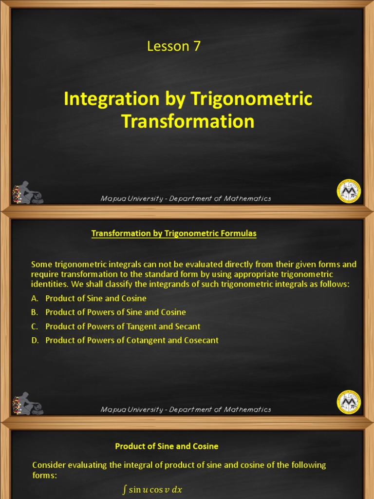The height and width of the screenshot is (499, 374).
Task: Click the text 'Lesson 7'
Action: pyautogui.click(x=173, y=46)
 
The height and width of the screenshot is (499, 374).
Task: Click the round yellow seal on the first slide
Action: pyautogui.click(x=349, y=191)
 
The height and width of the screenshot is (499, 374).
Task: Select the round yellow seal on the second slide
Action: pyautogui.click(x=349, y=402)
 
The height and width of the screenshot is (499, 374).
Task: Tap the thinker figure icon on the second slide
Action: pyautogui.click(x=28, y=403)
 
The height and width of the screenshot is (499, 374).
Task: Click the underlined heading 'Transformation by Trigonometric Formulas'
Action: pyautogui.click(x=174, y=233)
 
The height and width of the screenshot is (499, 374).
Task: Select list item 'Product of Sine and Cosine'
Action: pyautogui.click(x=96, y=298)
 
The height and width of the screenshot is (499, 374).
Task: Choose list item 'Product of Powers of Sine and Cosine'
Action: pyautogui.click(x=115, y=312)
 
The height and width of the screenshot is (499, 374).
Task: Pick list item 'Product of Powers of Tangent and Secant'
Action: pyautogui.click(x=123, y=326)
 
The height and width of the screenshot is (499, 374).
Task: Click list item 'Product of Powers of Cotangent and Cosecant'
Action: pyautogui.click(x=132, y=340)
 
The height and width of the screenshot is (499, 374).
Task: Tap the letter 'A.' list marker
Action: pyautogui.click(x=35, y=298)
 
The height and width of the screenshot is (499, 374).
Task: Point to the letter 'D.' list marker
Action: pyautogui.click(x=35, y=340)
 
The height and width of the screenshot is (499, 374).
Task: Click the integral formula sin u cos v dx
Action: pyautogui.click(x=152, y=490)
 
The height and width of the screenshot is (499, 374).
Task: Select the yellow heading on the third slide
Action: pyautogui.click(x=167, y=446)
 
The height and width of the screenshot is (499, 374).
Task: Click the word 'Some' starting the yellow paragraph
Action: pyautogui.click(x=41, y=264)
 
